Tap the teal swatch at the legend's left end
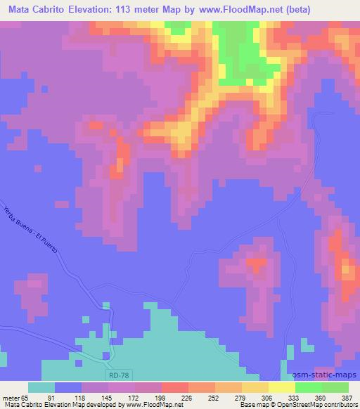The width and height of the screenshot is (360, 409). coord(41,387)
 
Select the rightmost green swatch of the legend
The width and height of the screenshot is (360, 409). coord(335,387)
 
